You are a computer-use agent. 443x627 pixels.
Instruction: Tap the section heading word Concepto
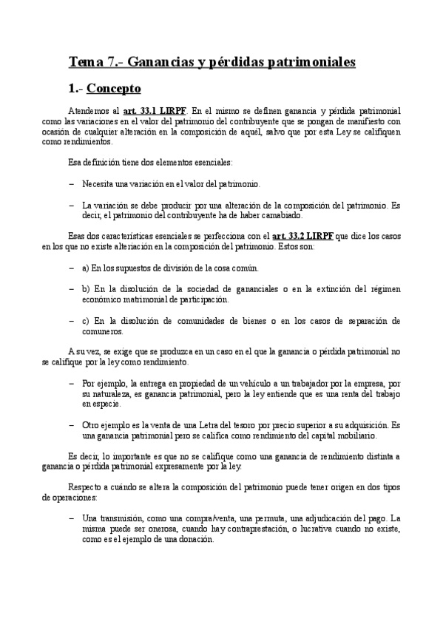pyautogui.click(x=113, y=89)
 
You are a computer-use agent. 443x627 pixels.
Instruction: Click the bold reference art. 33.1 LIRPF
pyautogui.click(x=155, y=111)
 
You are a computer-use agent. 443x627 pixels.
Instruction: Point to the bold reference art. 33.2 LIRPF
pyautogui.click(x=302, y=236)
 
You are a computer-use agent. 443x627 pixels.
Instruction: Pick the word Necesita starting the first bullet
pyautogui.click(x=99, y=183)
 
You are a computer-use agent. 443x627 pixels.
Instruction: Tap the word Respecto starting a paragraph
pyautogui.click(x=85, y=487)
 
